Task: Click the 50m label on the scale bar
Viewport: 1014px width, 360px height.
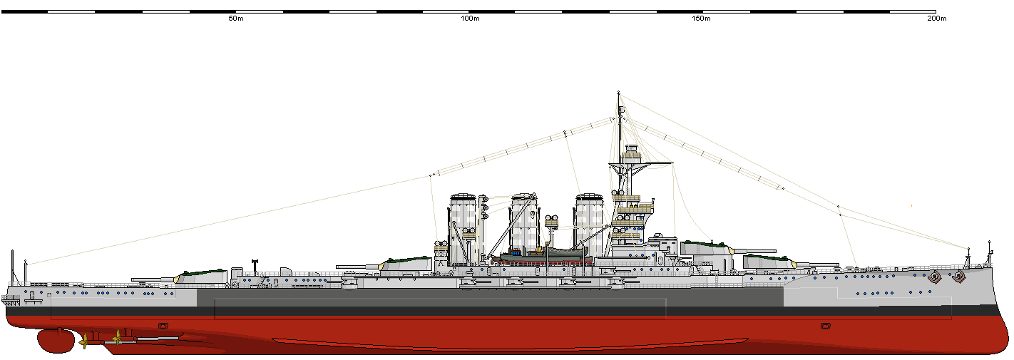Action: coord(236,19)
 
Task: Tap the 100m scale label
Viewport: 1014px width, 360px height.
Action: coord(470,19)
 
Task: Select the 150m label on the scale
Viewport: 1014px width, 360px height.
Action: coord(702,19)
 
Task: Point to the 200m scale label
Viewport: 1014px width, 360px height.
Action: coord(936,19)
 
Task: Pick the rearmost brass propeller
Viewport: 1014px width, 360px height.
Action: coord(85,341)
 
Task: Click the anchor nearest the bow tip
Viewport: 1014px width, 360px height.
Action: coord(959,275)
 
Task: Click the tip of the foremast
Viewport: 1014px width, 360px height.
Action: coord(618,93)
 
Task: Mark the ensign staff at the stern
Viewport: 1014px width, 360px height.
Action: coord(11,267)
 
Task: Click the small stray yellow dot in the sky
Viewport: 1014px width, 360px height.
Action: coord(911,206)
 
